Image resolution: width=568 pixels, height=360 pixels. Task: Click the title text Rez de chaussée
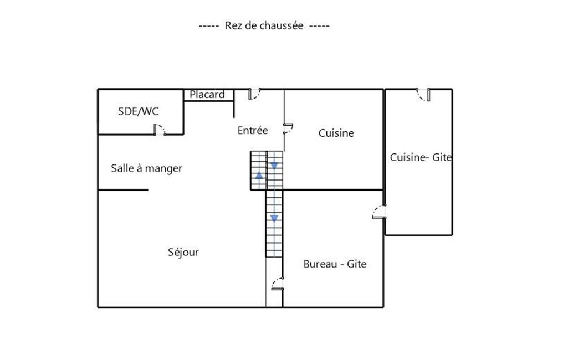[264, 25]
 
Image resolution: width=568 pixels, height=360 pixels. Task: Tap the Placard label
[207, 95]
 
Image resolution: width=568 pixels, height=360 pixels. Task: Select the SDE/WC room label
[139, 111]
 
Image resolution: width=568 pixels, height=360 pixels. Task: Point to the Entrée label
[253, 130]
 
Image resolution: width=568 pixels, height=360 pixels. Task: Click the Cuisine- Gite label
[421, 157]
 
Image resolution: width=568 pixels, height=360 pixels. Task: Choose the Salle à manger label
[146, 169]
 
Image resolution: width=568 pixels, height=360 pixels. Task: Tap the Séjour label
[183, 252]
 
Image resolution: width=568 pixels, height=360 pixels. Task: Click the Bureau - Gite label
[335, 264]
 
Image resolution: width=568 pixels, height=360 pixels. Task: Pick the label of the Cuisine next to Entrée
[336, 133]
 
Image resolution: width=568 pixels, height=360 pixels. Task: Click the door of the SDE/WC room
[160, 130]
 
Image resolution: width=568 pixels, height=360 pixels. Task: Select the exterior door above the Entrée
[254, 94]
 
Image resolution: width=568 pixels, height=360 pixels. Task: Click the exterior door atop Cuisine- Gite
[423, 95]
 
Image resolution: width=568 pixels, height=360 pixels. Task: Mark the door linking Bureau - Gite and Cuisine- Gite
[379, 212]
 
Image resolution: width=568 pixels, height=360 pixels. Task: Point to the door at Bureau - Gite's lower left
[278, 284]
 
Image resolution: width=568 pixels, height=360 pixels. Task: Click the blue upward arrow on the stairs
[259, 176]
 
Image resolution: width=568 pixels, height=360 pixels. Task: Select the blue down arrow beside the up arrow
[274, 166]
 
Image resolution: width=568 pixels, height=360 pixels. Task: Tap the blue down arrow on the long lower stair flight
[274, 218]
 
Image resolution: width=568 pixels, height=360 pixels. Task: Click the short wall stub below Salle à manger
[123, 190]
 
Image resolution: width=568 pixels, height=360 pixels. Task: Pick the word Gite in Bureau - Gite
[357, 264]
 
